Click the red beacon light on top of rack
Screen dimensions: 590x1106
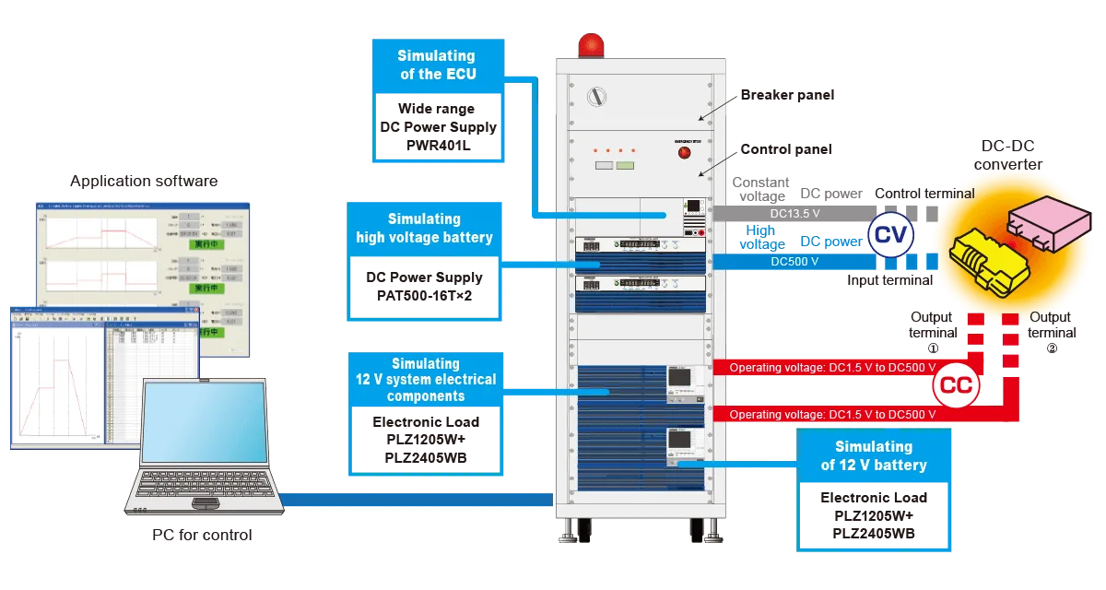click(x=589, y=43)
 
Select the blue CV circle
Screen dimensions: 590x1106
click(x=891, y=235)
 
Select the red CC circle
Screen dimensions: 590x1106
click(x=955, y=387)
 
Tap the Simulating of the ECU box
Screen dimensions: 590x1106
click(x=438, y=65)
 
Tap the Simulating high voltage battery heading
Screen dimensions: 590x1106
click(x=424, y=228)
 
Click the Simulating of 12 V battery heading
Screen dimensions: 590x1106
click(x=873, y=456)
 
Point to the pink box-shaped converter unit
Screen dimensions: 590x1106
click(x=1042, y=220)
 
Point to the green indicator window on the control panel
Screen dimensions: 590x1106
click(x=626, y=166)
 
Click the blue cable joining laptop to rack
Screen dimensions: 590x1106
click(x=415, y=498)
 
